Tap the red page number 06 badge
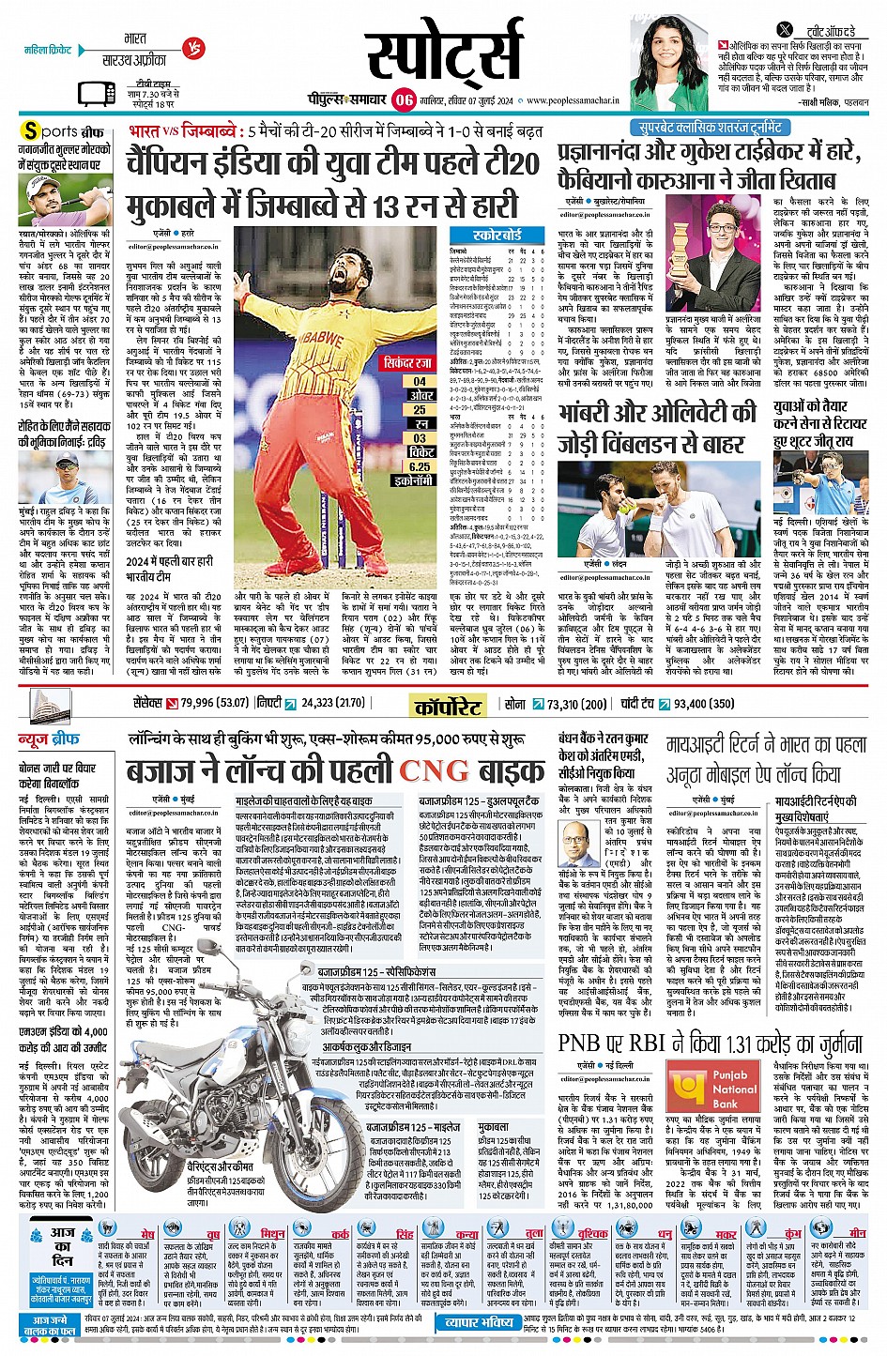404,99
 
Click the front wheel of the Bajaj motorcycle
164,1121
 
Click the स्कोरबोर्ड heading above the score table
497,235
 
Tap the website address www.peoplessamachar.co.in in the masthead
578,100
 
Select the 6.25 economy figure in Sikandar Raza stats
420,466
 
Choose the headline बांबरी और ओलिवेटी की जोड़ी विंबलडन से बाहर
657,427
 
